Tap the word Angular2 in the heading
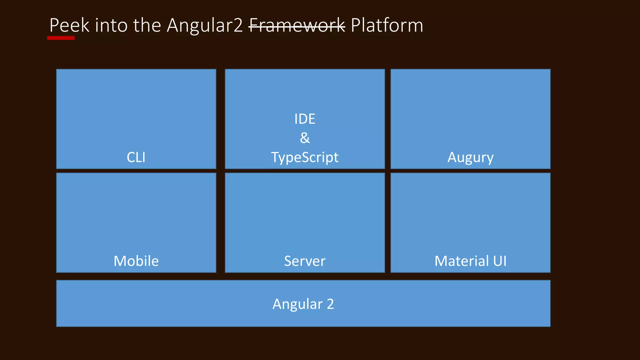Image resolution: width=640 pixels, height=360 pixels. coord(205,26)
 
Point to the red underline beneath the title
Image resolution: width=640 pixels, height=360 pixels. coord(61,38)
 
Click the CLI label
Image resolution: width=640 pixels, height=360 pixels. coord(136,157)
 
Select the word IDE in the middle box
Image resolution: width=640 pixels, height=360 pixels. coord(305,119)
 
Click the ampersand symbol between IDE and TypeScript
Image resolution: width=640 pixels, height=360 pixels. coord(305,138)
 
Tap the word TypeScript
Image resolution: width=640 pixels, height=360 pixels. coord(305,157)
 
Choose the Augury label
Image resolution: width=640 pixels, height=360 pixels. coord(470,157)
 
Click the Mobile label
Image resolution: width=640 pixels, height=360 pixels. coord(136,261)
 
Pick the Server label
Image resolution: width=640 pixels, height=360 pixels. coord(305,261)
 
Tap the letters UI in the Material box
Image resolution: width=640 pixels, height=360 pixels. coord(500,261)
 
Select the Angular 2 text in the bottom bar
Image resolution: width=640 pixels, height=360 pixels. coord(303,304)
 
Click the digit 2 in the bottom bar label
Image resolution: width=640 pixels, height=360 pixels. coord(330,304)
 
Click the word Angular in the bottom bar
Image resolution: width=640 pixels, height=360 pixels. coord(297,304)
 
